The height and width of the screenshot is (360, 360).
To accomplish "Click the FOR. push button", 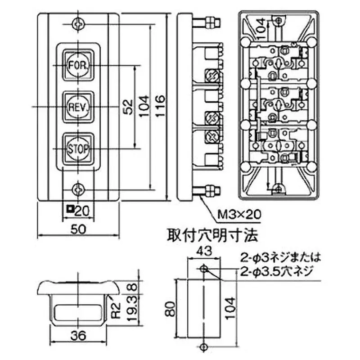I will [79, 65].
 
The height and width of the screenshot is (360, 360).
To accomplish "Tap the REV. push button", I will [79, 106].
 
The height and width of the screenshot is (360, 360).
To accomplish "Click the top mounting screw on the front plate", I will [79, 23].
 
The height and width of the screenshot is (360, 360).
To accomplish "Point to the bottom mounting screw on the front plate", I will [79, 189].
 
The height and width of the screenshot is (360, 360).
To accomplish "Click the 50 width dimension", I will [79, 228].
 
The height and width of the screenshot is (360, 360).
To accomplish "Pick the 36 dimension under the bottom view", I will [80, 335].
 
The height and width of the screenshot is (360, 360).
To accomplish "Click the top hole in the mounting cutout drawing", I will [204, 269].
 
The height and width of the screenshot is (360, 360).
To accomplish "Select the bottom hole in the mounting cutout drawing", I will [204, 346].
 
